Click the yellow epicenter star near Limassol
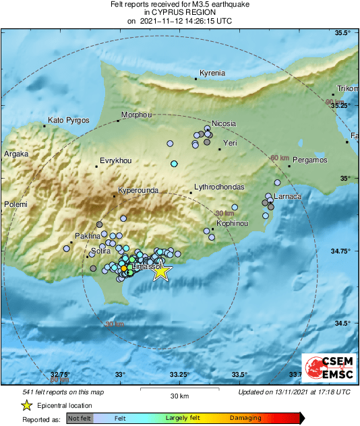[x=160, y=271]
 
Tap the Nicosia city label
[x=224, y=123]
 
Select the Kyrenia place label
[x=212, y=73]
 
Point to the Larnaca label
[x=287, y=196]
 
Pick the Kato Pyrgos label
[x=69, y=120]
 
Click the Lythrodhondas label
[x=218, y=187]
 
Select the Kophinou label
[x=233, y=222]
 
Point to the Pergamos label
[x=310, y=160]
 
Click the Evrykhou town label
[x=115, y=160]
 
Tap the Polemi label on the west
[x=14, y=204]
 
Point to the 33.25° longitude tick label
[x=179, y=375]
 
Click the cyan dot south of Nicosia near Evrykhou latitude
[x=174, y=164]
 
